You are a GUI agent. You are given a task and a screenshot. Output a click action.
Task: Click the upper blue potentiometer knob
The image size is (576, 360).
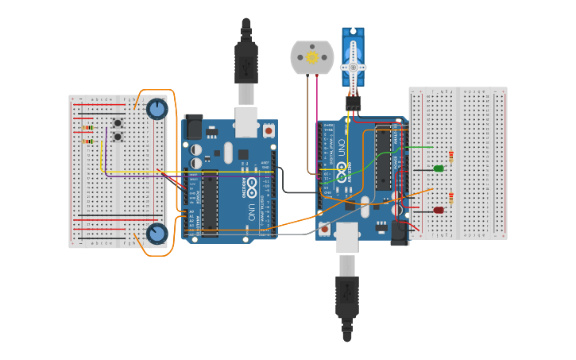coord(157,109)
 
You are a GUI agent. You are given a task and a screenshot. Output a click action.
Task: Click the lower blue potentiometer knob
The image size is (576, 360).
coord(157,234)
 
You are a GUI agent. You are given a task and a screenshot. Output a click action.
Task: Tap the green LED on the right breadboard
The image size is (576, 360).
coord(439,168)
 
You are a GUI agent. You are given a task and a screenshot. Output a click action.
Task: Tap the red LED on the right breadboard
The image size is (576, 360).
coord(439,211)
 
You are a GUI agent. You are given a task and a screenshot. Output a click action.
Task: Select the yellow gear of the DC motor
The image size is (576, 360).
coord(312,57)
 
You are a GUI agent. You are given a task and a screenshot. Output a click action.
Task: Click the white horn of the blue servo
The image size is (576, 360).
coord(353,68)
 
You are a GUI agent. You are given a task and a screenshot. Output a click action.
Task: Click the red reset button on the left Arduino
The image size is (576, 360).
coord(269,129)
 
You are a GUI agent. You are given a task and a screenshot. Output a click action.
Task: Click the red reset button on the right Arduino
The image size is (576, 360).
coord(324,229)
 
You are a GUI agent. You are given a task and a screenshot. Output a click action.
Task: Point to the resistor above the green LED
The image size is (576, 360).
coord(451,156)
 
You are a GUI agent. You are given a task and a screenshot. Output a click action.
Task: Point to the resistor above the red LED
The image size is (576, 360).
coord(451,198)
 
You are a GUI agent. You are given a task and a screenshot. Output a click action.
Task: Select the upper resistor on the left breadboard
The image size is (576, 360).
coord(87,127)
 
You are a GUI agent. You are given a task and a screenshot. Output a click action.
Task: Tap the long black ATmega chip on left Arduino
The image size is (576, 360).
coord(209,203)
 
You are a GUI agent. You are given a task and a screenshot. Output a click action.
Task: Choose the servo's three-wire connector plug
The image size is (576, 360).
coord(353,103)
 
